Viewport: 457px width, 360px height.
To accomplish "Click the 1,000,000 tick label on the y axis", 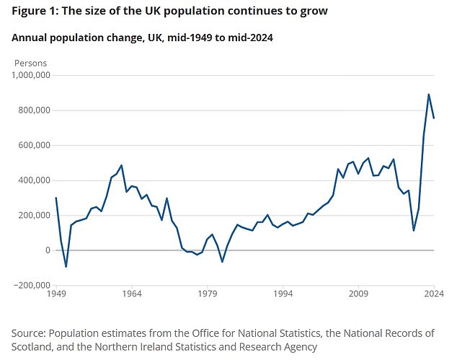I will tap(30, 75).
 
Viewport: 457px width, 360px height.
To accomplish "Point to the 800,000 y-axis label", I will tap(32, 110).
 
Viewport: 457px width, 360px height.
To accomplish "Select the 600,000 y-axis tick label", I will tap(32, 145).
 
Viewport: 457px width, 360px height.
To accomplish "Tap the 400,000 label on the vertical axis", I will tap(32, 180).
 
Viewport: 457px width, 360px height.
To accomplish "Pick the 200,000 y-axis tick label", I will tap(32, 215).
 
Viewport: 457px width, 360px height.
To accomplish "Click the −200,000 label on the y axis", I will tap(30, 285).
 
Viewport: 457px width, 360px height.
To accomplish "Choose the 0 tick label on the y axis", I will tap(47, 250).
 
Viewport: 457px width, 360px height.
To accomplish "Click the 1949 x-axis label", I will tap(57, 294).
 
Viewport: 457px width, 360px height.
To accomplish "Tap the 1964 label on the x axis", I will tap(131, 294).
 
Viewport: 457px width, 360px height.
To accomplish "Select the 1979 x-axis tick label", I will tap(208, 294).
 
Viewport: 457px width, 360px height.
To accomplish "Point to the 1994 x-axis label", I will tap(283, 294).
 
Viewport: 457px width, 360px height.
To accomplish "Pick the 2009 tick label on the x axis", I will tap(359, 294).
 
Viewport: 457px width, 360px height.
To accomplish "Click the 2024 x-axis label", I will tap(433, 294).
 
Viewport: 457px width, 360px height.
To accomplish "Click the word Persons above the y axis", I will tap(30, 63).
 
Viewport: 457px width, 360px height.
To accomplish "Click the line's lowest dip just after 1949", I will tap(66, 266).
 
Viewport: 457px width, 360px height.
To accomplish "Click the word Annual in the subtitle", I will tap(30, 38).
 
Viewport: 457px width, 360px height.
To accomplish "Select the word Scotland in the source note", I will tap(34, 346).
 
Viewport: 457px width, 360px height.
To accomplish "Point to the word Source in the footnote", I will tap(30, 333).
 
